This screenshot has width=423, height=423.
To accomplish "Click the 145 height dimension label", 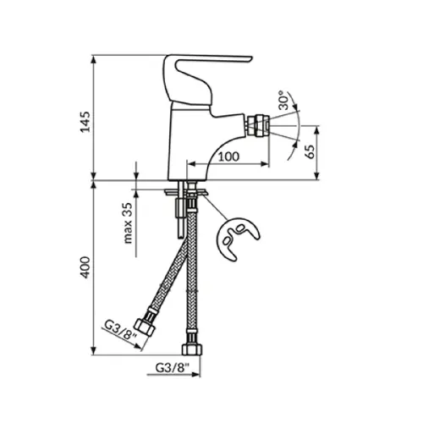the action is [85, 122].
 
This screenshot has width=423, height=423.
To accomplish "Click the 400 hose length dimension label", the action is [85, 267].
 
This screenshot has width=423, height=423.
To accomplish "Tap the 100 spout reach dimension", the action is [228, 157].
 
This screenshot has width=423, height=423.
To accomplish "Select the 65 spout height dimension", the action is [310, 152].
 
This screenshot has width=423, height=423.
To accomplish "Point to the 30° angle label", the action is [283, 101].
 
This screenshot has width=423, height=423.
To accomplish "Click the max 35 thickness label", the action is [128, 222].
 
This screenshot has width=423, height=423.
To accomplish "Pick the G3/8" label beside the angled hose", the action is [121, 330].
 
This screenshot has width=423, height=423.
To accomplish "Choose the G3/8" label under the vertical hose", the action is [173, 368].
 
